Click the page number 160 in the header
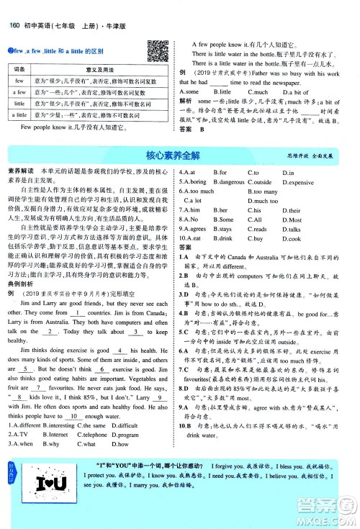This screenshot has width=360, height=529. tap(13, 7)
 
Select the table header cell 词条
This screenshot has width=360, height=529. tap(20, 68)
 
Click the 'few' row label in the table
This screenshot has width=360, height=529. tap(20, 81)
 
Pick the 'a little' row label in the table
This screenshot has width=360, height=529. tap(20, 114)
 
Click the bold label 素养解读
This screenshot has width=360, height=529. tap(19, 172)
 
